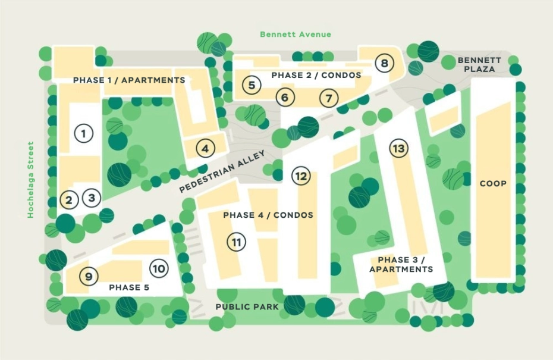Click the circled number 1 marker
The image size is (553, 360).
pyautogui.click(x=84, y=133)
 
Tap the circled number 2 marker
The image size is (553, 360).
pyautogui.click(x=68, y=200)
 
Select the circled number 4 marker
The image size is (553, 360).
pyautogui.click(x=205, y=148)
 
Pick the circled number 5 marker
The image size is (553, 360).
pyautogui.click(x=252, y=85)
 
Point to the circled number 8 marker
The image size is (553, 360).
pyautogui.click(x=385, y=63)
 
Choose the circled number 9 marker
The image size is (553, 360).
pyautogui.click(x=89, y=276)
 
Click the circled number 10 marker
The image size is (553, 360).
pyautogui.click(x=158, y=268)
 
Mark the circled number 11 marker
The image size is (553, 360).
pyautogui.click(x=236, y=242)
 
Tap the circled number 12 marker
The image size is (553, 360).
pyautogui.click(x=301, y=176)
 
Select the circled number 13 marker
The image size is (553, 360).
pyautogui.click(x=398, y=148)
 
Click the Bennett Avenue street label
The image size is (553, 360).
pyautogui.click(x=296, y=35)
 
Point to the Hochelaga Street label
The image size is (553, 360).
pyautogui.click(x=31, y=180)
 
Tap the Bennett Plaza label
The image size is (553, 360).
pyautogui.click(x=479, y=65)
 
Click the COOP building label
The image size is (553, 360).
pyautogui.click(x=493, y=184)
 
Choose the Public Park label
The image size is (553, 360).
pyautogui.click(x=247, y=306)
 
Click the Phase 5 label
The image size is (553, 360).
pyautogui.click(x=128, y=287)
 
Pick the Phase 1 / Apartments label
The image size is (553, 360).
pyautogui.click(x=128, y=80)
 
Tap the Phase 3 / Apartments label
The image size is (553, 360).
pyautogui.click(x=401, y=265)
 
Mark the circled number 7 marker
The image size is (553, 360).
pyautogui.click(x=328, y=97)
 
